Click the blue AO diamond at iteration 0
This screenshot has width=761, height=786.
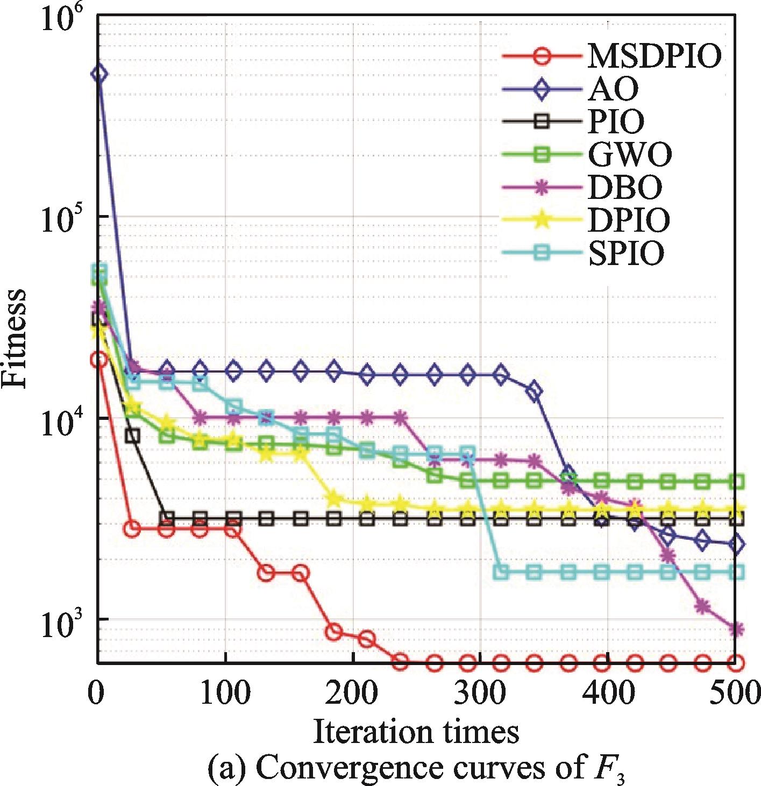(98, 74)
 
